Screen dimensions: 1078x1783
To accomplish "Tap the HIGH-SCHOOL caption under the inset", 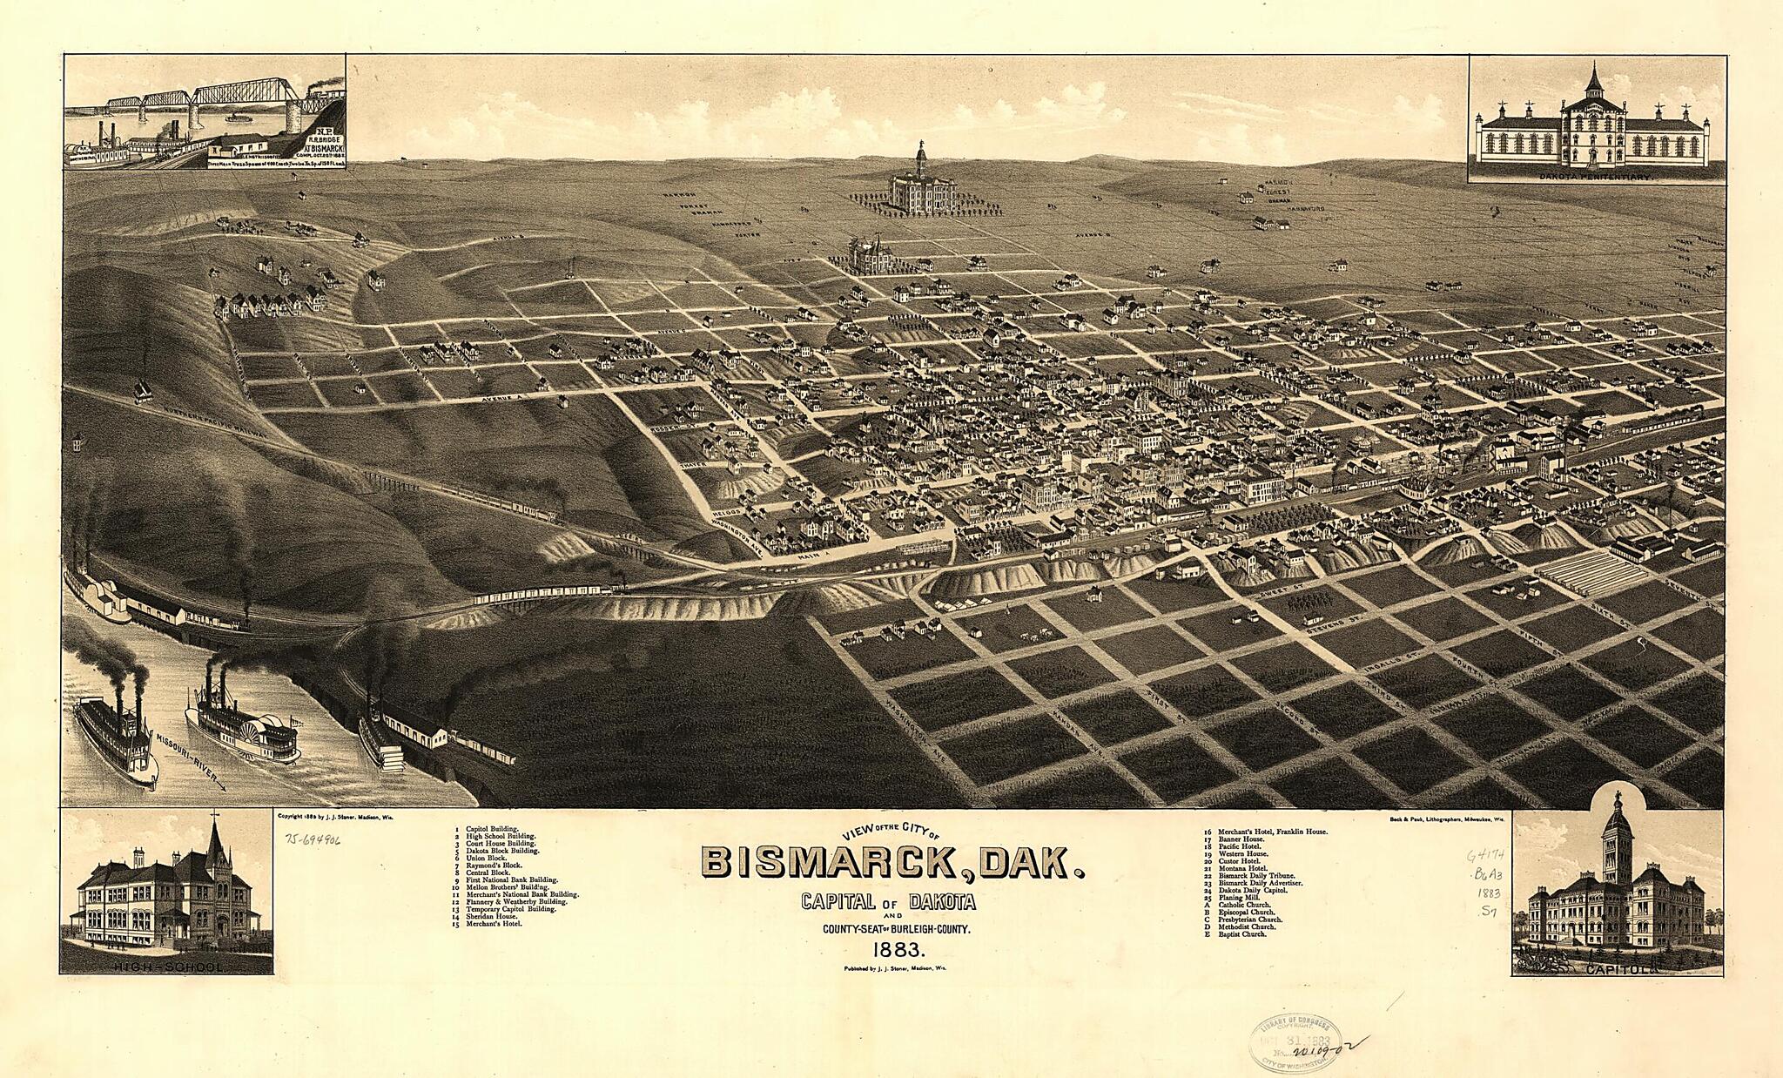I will (166, 967).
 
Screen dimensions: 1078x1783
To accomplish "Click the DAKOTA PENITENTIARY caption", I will (1596, 176).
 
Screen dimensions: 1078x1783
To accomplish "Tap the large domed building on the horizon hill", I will (922, 183).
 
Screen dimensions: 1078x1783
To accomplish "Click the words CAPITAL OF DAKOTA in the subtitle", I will (888, 901).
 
